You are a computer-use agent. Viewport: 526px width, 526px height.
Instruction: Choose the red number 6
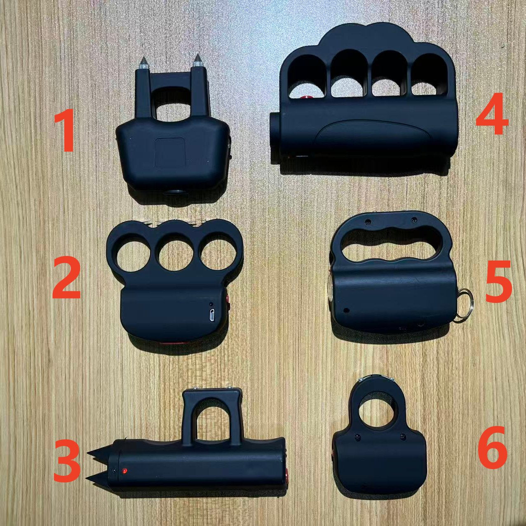(493, 448)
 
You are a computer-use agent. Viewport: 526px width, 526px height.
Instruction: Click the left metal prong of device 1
(143, 63)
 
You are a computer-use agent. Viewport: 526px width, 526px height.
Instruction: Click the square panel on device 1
(170, 152)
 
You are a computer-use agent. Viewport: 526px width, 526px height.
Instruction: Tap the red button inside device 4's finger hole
(304, 98)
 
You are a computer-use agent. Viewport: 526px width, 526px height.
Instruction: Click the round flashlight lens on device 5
(331, 289)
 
